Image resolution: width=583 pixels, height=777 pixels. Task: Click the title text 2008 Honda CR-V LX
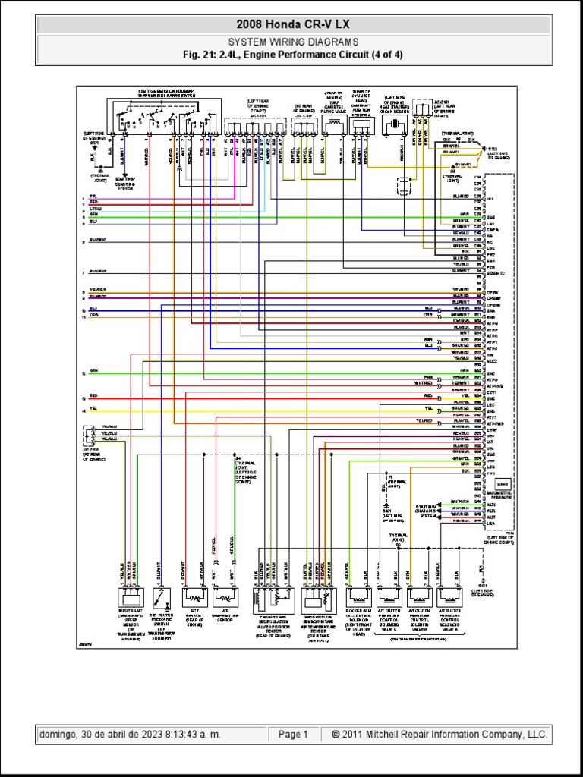[x=291, y=24]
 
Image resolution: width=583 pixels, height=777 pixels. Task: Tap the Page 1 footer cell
[x=293, y=735]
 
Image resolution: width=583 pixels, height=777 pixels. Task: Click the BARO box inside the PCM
[x=502, y=483]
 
